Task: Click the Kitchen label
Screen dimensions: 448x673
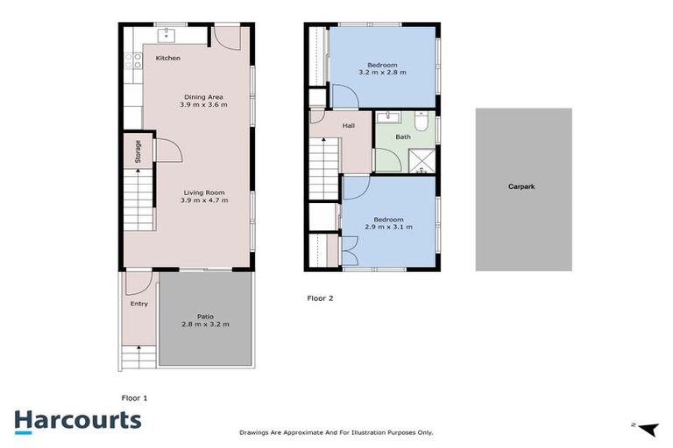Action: click(168, 59)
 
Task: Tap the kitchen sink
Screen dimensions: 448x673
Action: click(165, 36)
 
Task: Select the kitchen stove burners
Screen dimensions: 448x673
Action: click(133, 60)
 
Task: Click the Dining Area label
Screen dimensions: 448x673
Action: click(203, 96)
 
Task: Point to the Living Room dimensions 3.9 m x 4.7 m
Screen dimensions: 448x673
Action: click(203, 200)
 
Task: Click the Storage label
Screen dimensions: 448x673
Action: click(138, 152)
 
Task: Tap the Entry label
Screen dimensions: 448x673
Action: click(139, 304)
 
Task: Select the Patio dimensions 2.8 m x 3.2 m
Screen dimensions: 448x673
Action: click(205, 324)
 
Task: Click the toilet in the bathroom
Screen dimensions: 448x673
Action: click(422, 124)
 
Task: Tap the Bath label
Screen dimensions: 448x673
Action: click(403, 136)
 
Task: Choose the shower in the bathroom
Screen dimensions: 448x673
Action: click(422, 159)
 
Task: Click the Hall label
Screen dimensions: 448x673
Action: click(349, 126)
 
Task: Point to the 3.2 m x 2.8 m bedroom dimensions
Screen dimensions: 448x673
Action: click(382, 73)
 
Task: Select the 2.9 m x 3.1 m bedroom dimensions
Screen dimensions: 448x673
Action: click(388, 227)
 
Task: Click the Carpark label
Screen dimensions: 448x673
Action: click(523, 186)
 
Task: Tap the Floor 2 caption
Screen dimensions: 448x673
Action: click(320, 298)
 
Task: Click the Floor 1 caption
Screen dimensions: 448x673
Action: click(134, 398)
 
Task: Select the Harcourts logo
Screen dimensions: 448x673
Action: click(77, 420)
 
